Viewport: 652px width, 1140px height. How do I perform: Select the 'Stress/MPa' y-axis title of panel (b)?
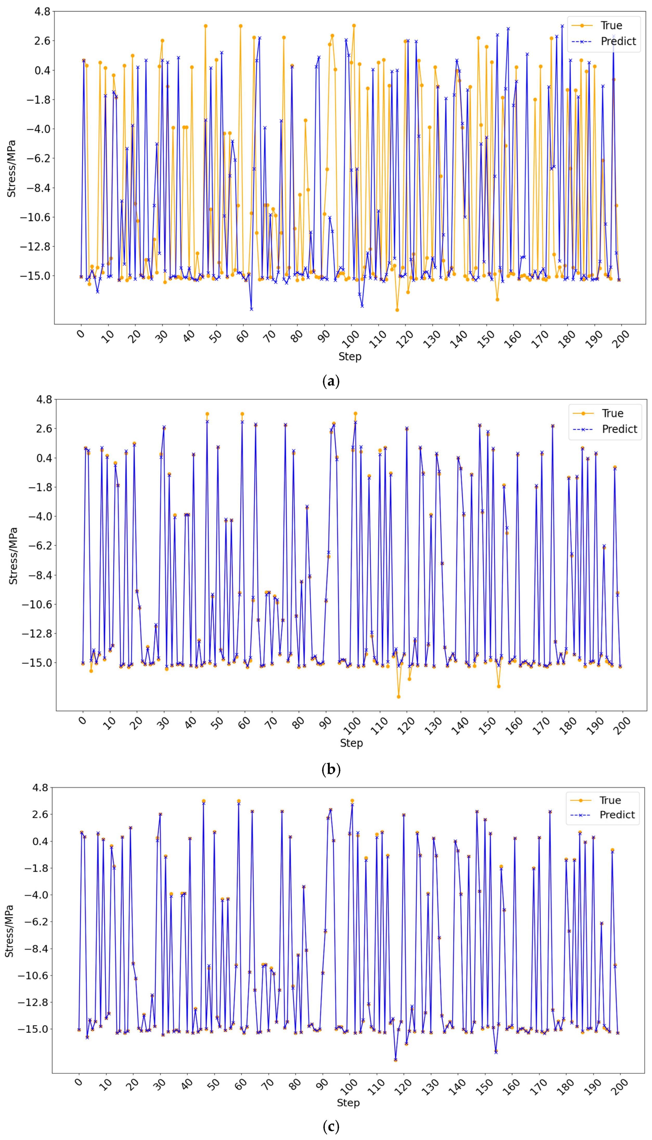pos(14,556)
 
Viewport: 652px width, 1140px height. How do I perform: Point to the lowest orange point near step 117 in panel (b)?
pos(398,696)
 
